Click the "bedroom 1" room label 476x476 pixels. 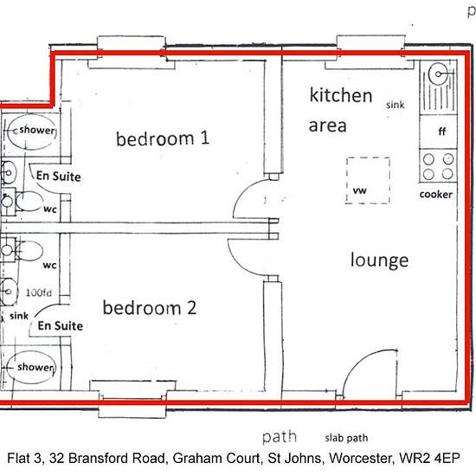(163, 138)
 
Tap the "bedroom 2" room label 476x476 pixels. (150, 307)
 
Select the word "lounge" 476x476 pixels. (379, 261)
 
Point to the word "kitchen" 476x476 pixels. (341, 95)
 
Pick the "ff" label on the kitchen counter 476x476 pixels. (442, 132)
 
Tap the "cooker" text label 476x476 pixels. (436, 194)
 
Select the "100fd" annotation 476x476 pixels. (39, 293)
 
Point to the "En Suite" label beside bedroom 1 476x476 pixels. (59, 176)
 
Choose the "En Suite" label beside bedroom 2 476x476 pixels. (61, 325)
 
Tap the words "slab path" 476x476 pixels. (346, 438)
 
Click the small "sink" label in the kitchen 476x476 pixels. (396, 105)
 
